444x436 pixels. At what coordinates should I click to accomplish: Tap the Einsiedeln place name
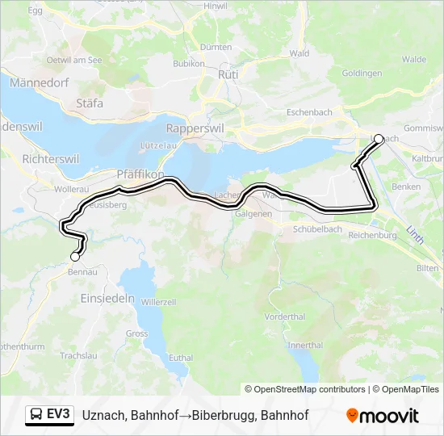click(107, 297)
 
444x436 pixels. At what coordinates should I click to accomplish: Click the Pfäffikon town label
click(140, 174)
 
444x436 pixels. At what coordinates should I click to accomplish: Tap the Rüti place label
click(226, 73)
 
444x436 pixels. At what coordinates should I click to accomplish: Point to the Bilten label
click(428, 267)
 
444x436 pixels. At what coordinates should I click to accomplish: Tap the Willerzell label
click(158, 301)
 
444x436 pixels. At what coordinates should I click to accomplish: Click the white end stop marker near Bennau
click(75, 257)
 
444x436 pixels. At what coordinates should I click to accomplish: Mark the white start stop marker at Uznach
click(379, 139)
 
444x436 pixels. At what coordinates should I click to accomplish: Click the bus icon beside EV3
click(36, 415)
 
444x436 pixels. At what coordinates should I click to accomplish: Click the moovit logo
click(383, 416)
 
